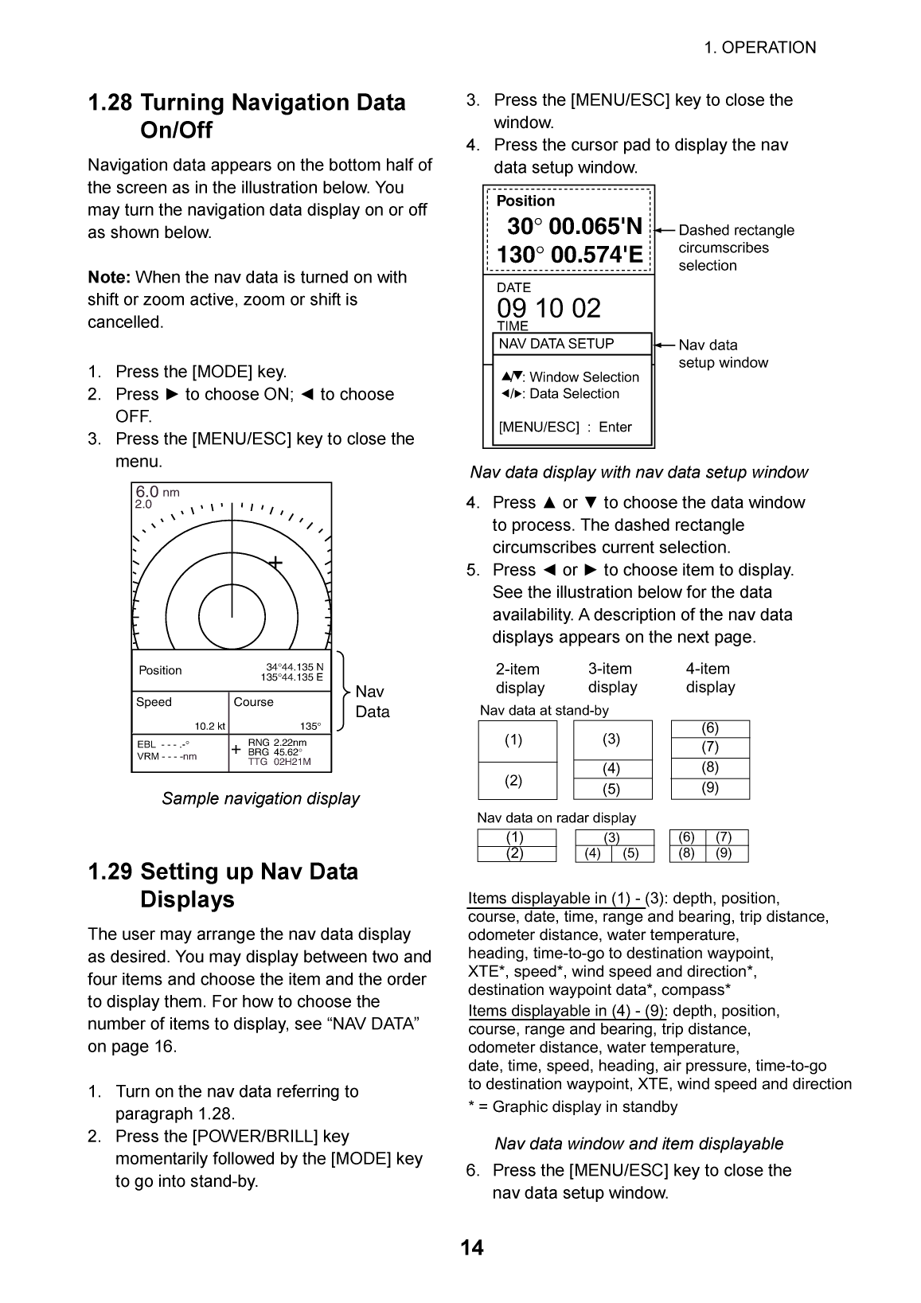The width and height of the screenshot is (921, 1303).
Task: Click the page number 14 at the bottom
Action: (x=471, y=1247)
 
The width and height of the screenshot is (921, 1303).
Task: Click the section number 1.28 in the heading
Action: (x=110, y=103)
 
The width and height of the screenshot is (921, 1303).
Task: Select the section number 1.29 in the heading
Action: (x=110, y=872)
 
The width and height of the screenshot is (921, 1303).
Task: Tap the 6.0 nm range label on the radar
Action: (x=157, y=492)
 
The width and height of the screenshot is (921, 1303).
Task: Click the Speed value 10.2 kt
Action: (x=210, y=726)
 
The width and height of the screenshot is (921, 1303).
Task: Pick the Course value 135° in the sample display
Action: (x=310, y=726)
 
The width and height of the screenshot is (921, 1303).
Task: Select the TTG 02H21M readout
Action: (x=279, y=762)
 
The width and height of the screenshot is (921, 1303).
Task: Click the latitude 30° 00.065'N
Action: (x=575, y=227)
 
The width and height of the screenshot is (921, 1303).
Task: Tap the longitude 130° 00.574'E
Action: (x=569, y=256)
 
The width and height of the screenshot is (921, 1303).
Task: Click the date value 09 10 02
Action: (x=548, y=308)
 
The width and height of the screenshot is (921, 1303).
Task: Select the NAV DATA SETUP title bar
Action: (x=568, y=344)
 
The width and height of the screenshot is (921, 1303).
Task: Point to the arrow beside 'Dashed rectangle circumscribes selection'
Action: (x=665, y=230)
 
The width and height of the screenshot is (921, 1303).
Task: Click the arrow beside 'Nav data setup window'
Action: (x=665, y=345)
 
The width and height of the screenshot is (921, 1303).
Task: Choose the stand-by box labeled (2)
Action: (x=514, y=781)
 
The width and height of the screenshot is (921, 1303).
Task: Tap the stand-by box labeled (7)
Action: (x=710, y=747)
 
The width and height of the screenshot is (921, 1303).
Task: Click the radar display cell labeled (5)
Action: (x=631, y=854)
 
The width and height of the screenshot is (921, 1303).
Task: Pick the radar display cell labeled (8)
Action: (x=686, y=854)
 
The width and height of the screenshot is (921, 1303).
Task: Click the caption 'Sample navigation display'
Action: (x=260, y=798)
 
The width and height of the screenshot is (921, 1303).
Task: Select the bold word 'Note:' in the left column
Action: (x=109, y=277)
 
